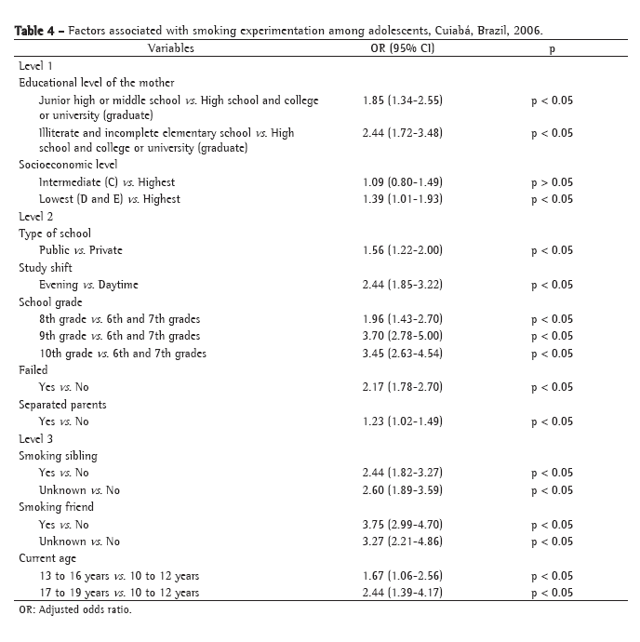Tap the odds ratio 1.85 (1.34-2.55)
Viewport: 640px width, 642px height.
tap(402, 100)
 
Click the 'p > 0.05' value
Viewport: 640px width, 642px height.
tap(552, 182)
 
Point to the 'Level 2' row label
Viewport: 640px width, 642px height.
tap(36, 217)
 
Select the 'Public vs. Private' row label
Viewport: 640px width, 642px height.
tap(81, 250)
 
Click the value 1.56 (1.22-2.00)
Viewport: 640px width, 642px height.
tap(402, 250)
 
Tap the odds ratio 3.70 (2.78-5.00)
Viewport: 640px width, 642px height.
tap(402, 336)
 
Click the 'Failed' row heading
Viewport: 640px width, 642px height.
tap(33, 370)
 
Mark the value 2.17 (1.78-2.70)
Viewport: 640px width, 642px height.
tap(402, 387)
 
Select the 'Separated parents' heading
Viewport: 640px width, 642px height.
tap(62, 405)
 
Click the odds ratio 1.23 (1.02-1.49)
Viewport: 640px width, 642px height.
tap(402, 421)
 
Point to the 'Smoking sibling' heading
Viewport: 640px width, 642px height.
tap(58, 456)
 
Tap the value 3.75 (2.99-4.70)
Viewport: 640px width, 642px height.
tap(402, 525)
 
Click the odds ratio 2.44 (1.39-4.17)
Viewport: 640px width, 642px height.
tap(402, 593)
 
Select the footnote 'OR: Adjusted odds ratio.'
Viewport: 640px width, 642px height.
tap(77, 610)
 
